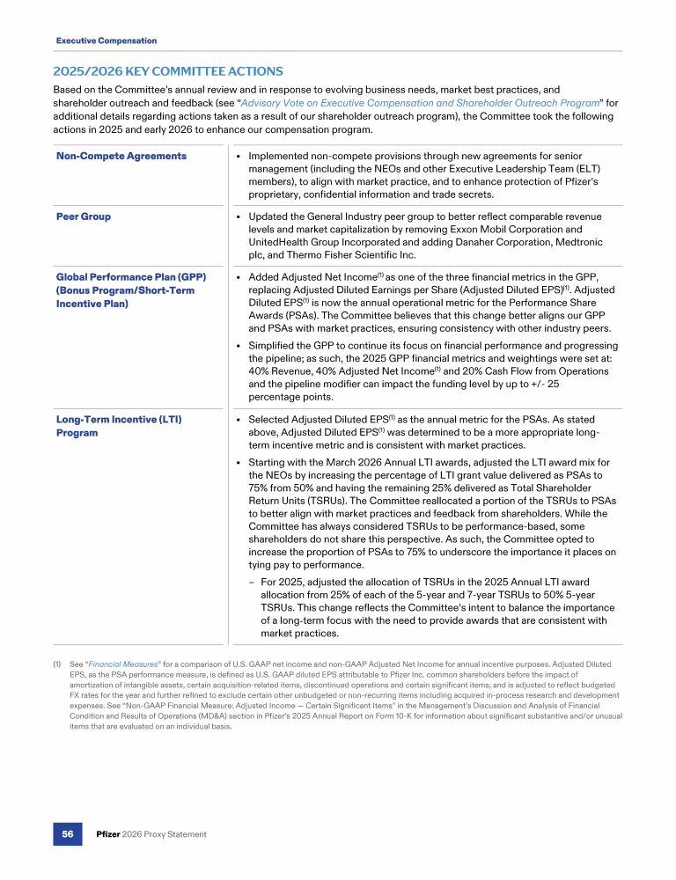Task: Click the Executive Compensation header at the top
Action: [107, 40]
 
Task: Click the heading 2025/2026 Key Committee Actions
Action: [169, 70]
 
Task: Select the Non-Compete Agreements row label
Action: [121, 156]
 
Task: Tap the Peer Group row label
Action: [84, 216]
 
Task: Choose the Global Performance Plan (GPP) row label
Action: [131, 277]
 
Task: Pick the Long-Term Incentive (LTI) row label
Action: [119, 419]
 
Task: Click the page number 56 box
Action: [68, 834]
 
